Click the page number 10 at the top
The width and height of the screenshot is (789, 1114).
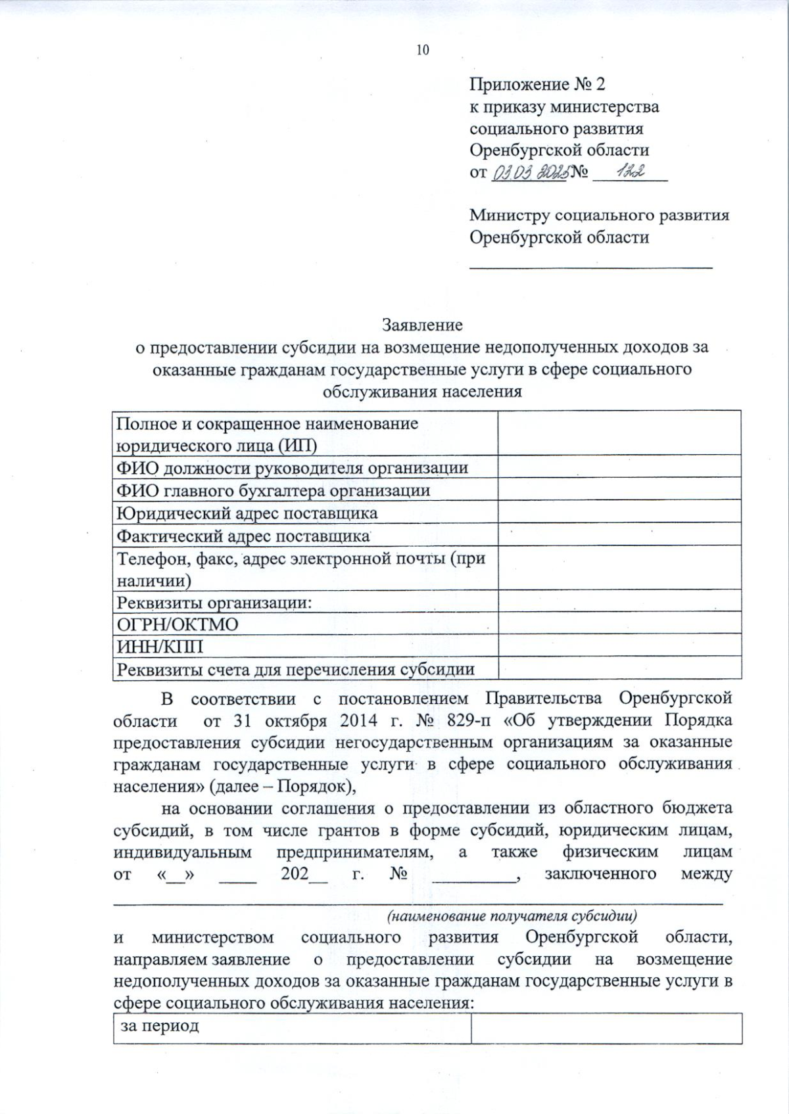(422, 50)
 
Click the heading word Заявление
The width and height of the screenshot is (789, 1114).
(422, 325)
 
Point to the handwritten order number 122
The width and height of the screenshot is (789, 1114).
(629, 172)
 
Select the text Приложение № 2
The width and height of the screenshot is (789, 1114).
(537, 84)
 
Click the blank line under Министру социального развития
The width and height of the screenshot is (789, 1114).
(590, 266)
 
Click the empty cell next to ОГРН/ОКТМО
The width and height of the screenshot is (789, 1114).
(619, 623)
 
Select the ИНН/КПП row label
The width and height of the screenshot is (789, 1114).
(160, 647)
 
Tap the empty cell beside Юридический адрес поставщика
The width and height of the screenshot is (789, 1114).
(619, 513)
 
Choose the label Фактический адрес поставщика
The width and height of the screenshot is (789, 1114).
(243, 536)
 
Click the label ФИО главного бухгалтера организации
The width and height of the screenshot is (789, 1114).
(273, 490)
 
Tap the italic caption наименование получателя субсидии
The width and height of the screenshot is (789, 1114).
(512, 916)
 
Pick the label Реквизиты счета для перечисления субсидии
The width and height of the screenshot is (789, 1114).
(295, 670)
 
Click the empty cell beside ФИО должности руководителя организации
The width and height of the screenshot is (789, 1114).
(619, 467)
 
